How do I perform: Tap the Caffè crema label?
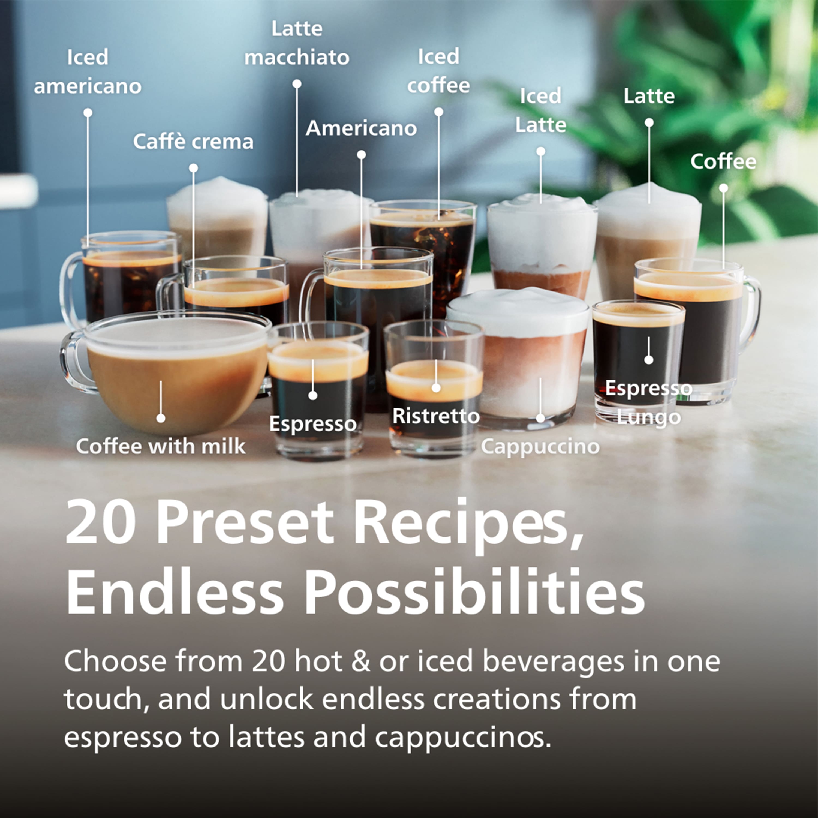click(x=193, y=142)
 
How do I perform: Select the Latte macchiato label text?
click(x=297, y=43)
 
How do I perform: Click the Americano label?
click(x=361, y=128)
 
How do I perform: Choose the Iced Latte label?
click(x=541, y=110)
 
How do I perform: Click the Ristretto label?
click(x=436, y=416)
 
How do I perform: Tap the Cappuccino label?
click(x=540, y=446)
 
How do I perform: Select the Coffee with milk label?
click(x=161, y=446)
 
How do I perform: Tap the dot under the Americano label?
click(x=361, y=155)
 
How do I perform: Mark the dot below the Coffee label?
click(x=724, y=188)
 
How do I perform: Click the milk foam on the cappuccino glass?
click(x=519, y=309)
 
